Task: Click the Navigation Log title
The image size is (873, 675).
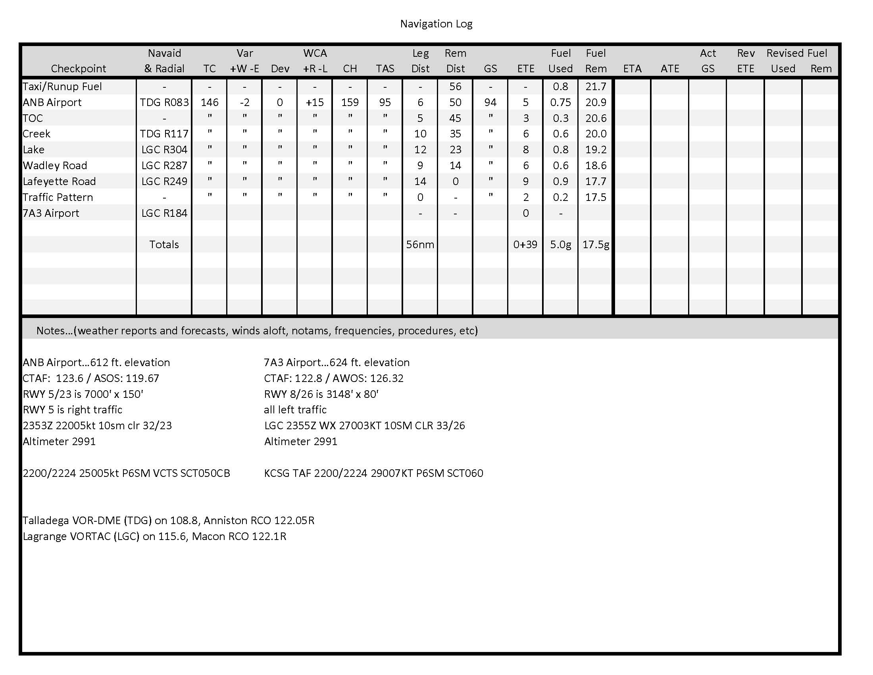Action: tap(436, 24)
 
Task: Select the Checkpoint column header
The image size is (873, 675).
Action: tap(78, 69)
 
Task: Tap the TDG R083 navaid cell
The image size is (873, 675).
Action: tap(164, 102)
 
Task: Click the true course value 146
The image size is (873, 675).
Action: tap(210, 102)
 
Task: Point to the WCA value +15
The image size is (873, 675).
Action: tap(315, 102)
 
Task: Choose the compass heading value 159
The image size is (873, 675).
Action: tap(350, 102)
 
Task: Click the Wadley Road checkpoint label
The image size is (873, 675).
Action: tap(55, 166)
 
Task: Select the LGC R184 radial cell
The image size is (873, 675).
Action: tap(164, 213)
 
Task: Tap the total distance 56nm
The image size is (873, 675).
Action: tap(420, 244)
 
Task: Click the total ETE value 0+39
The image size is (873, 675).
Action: tap(525, 244)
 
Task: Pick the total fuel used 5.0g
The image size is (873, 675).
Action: tap(560, 244)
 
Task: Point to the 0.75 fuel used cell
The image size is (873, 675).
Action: tap(560, 102)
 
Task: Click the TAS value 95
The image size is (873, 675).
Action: tap(385, 102)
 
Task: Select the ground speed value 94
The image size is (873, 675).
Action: tap(490, 102)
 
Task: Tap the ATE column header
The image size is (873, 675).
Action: tap(670, 69)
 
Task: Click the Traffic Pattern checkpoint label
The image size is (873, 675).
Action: tap(58, 197)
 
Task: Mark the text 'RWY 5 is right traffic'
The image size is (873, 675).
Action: tap(72, 409)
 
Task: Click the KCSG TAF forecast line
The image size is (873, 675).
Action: tap(373, 473)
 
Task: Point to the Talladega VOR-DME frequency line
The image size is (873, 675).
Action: tap(168, 520)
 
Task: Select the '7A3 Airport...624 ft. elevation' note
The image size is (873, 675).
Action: tap(337, 362)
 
